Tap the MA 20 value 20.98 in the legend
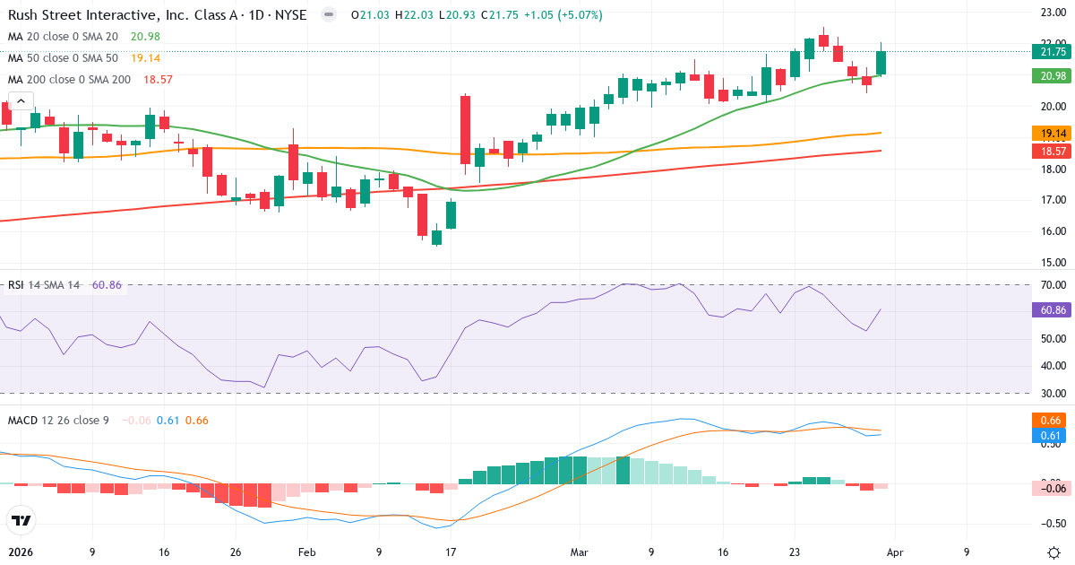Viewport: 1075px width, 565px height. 145,36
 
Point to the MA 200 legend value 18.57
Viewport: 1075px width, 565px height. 152,80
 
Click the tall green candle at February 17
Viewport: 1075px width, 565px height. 466,130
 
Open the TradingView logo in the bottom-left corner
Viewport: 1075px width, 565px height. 21,520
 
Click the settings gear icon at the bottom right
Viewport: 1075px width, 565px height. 1053,552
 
